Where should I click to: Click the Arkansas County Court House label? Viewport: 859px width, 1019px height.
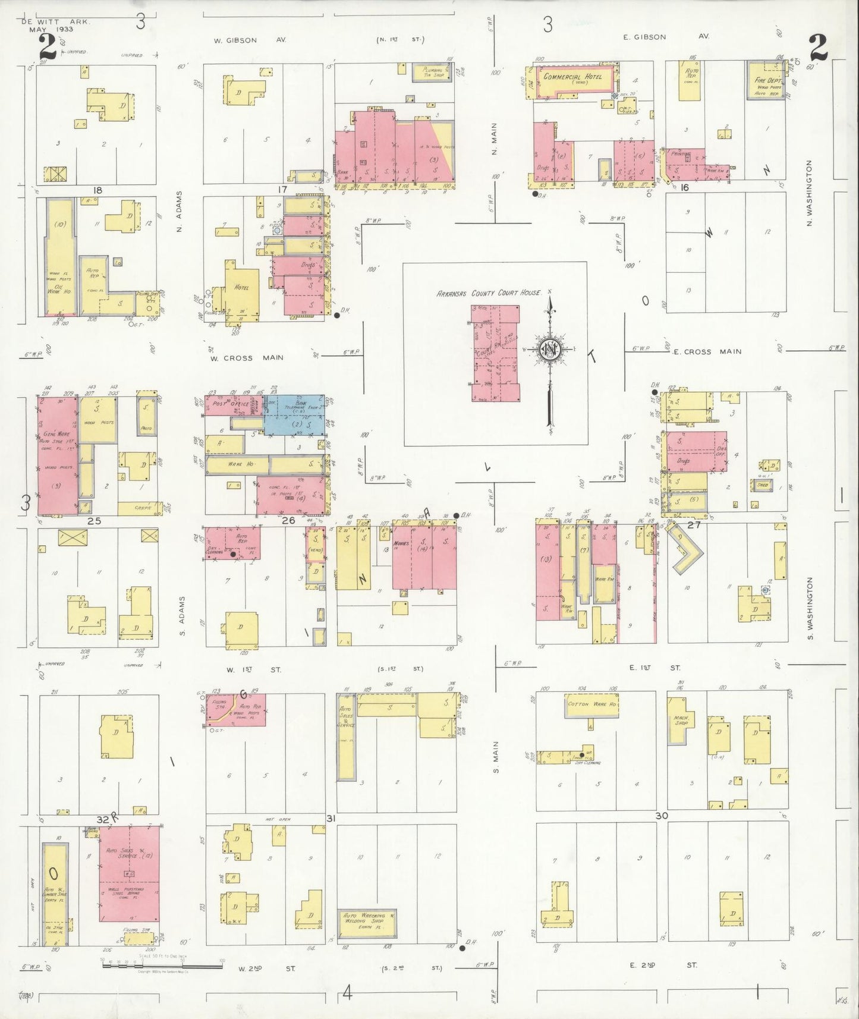coord(489,293)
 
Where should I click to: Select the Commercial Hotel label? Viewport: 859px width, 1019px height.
coord(572,77)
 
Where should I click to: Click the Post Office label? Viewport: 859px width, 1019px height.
coord(226,404)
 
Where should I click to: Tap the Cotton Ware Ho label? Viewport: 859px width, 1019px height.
coord(591,704)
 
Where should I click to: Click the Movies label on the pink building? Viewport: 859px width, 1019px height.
coord(405,543)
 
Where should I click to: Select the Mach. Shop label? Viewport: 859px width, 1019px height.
coord(681,720)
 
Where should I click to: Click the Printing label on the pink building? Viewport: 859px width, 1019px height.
coord(681,154)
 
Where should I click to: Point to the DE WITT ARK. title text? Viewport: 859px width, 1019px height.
coord(57,21)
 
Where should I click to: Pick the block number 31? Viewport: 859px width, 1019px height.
coord(331,819)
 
